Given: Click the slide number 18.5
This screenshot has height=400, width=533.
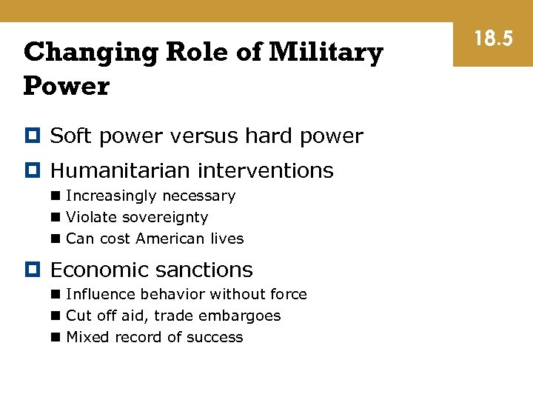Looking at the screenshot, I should [493, 38].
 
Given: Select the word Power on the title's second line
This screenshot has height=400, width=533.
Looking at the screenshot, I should [66, 87].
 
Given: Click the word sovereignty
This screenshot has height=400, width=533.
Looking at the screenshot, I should [164, 218].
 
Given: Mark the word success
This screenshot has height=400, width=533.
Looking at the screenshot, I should [215, 338].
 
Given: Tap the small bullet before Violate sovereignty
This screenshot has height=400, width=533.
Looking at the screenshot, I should [56, 218].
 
